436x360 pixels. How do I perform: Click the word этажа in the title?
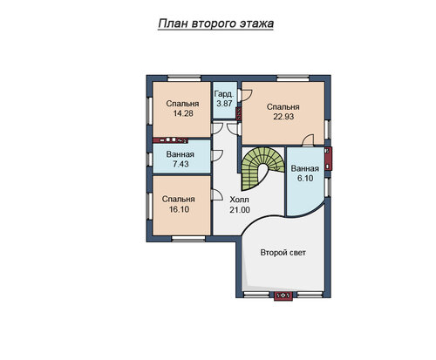click(x=256, y=24)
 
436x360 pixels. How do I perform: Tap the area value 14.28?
click(x=183, y=113)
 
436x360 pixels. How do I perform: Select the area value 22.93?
click(x=283, y=117)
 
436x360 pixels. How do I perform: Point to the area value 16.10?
click(x=179, y=209)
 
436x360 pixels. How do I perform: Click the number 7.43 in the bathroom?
click(x=181, y=164)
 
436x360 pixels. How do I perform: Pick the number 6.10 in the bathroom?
click(x=305, y=178)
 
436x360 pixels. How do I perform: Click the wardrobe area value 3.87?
click(x=224, y=103)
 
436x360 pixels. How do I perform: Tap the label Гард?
click(x=224, y=94)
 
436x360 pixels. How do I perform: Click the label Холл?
click(x=239, y=200)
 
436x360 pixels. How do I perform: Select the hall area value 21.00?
click(x=240, y=209)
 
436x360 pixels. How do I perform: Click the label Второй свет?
click(x=283, y=253)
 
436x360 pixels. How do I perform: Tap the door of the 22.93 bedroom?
click(x=308, y=139)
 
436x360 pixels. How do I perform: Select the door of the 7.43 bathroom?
click(x=216, y=155)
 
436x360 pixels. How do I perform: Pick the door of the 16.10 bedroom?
click(x=216, y=194)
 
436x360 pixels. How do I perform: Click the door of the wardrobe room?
click(x=245, y=95)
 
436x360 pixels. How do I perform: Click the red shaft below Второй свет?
click(x=283, y=296)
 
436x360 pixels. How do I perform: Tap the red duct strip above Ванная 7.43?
click(x=171, y=140)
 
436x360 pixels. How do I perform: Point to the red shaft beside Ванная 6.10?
click(x=328, y=159)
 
